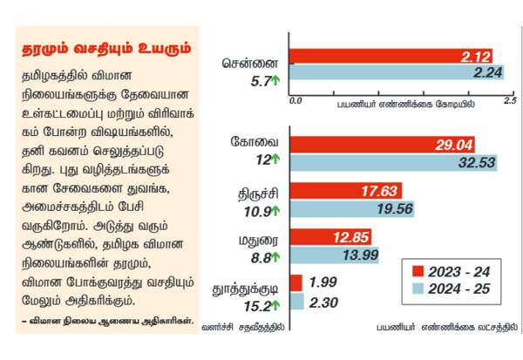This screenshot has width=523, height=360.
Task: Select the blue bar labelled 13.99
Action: tap(336, 255)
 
